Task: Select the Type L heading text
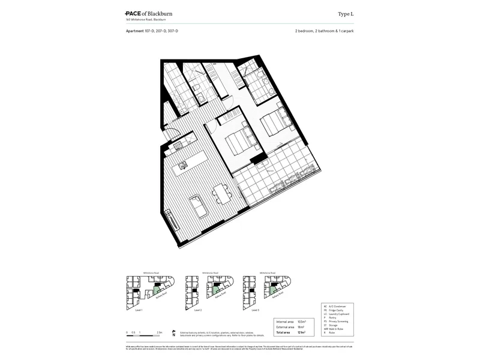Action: (x=347, y=13)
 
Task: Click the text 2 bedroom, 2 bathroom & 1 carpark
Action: (x=324, y=30)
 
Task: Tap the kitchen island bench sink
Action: (x=183, y=163)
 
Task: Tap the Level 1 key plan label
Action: (x=139, y=310)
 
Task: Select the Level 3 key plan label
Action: (x=255, y=310)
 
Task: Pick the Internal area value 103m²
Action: (x=301, y=322)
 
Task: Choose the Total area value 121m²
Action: (x=301, y=332)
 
